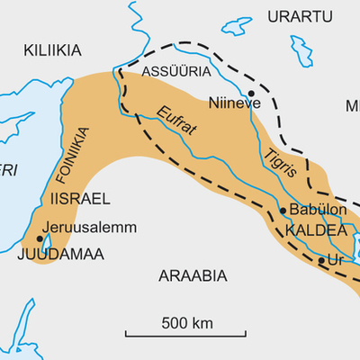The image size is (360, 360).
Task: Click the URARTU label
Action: pos(301,16)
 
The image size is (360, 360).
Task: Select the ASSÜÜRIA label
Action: pos(177,70)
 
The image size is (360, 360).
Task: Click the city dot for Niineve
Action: pos(252,93)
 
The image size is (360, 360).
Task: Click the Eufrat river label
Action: pos(175,122)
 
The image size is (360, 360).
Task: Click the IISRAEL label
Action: pos(79,198)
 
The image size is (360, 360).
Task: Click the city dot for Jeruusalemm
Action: pos(40,239)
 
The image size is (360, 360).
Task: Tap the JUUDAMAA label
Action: pos(59,255)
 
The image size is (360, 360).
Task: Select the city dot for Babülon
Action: pos(283,211)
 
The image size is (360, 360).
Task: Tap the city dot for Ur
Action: pos(321,260)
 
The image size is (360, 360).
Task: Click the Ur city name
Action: pos(337,259)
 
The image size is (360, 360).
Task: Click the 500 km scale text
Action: pos(187,321)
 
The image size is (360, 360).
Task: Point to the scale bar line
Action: pos(187,336)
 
